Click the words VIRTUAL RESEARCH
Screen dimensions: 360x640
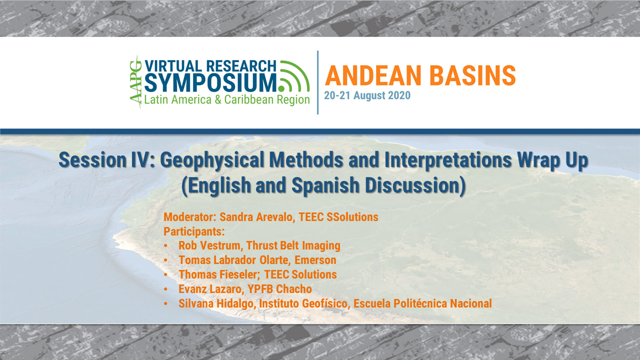(210, 66)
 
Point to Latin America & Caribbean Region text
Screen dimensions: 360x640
(227, 99)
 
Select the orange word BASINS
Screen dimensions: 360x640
(470, 75)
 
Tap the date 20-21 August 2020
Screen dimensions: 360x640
(367, 95)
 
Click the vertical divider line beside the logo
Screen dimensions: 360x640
(318, 82)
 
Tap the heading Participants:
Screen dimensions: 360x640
(194, 231)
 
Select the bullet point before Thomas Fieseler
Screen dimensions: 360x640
(166, 274)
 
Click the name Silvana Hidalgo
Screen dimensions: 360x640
(217, 303)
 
